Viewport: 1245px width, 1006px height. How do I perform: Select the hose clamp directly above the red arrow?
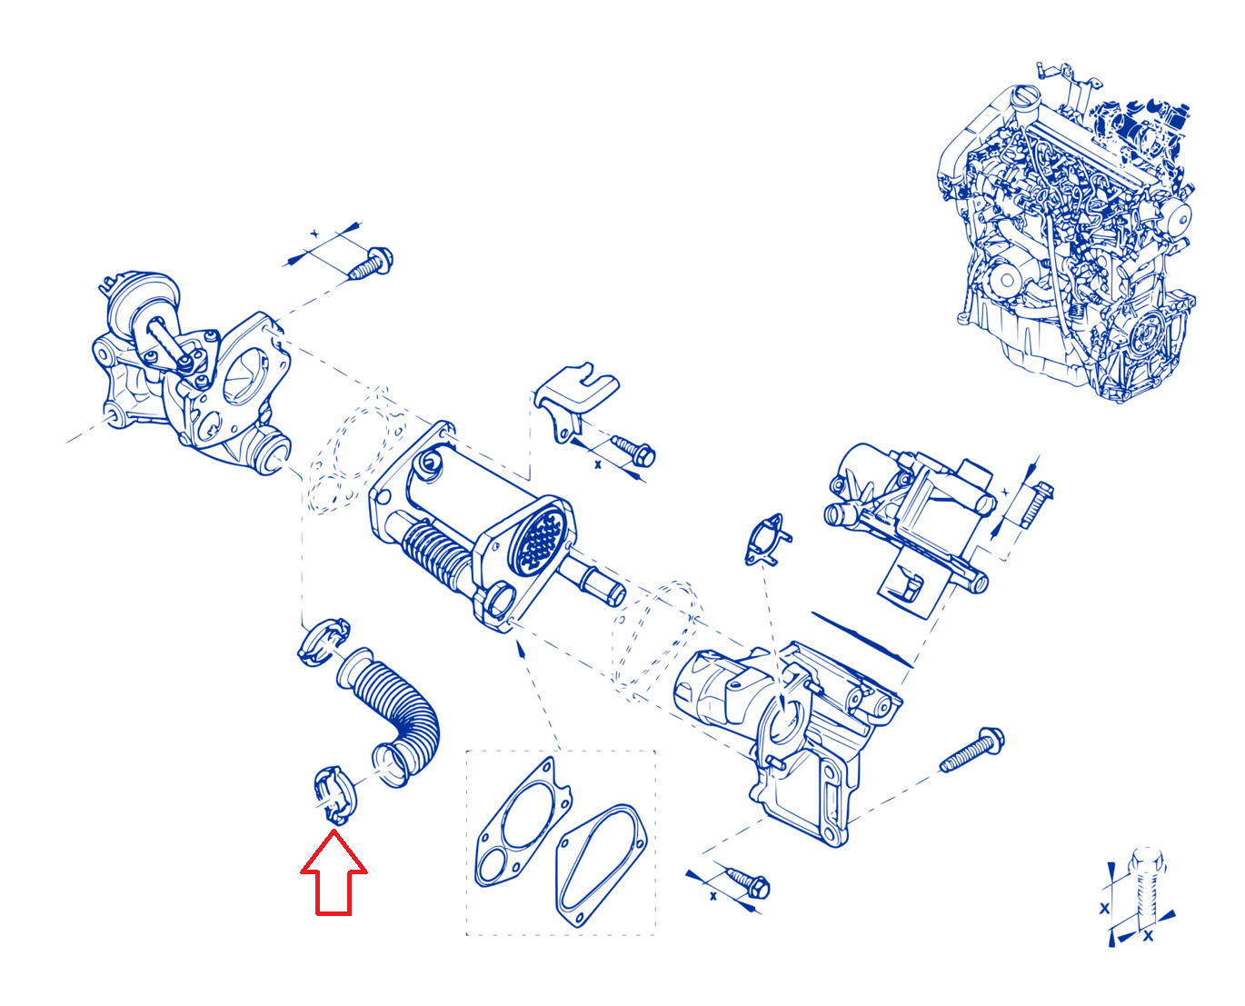(x=335, y=794)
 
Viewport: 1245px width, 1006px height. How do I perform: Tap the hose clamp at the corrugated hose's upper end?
(x=324, y=642)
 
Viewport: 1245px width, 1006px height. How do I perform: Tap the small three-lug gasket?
(x=768, y=539)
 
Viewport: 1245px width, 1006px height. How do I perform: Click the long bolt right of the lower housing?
(x=971, y=749)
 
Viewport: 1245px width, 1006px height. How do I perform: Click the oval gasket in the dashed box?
(x=601, y=866)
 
